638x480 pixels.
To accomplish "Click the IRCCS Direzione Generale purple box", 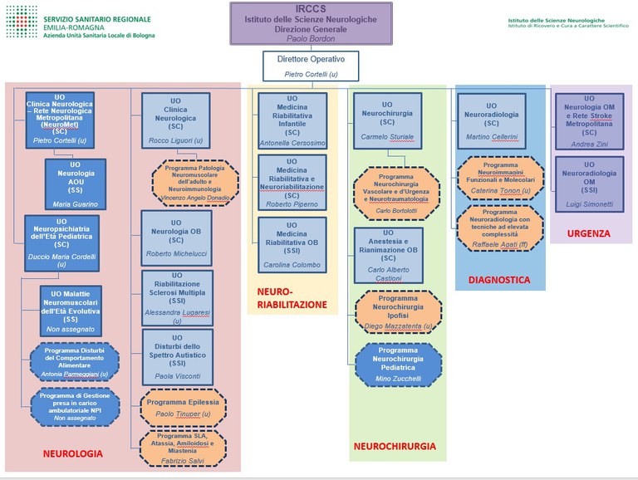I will pyautogui.click(x=312, y=22).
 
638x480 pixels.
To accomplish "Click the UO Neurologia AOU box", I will pyautogui.click(x=76, y=183).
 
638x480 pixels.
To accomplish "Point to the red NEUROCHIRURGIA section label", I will pyautogui.click(x=394, y=446).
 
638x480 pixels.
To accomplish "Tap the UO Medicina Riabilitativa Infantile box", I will pyautogui.click(x=292, y=120).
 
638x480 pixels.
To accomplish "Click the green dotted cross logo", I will pyautogui.click(x=21, y=22).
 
